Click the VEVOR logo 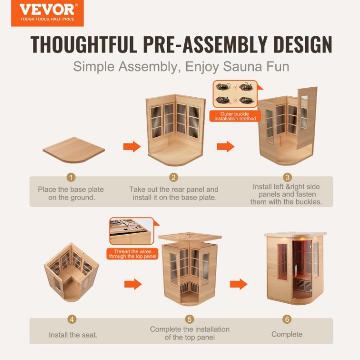pos(47,13)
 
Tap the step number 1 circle pos(71,177)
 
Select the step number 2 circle pos(173,177)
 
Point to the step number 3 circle pos(287,177)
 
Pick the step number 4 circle pos(72,319)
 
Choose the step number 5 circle pos(190,319)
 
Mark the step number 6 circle pos(287,319)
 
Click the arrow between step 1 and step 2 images pos(132,146)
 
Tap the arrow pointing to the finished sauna pos(239,284)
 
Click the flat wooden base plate pos(74,150)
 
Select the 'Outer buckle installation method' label pos(235,116)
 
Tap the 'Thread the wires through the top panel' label pos(133,254)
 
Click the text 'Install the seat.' pos(73,335)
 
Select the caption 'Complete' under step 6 pos(287,334)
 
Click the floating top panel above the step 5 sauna pos(190,237)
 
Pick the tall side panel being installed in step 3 pos(307,118)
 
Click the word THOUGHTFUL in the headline pos(84,44)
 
